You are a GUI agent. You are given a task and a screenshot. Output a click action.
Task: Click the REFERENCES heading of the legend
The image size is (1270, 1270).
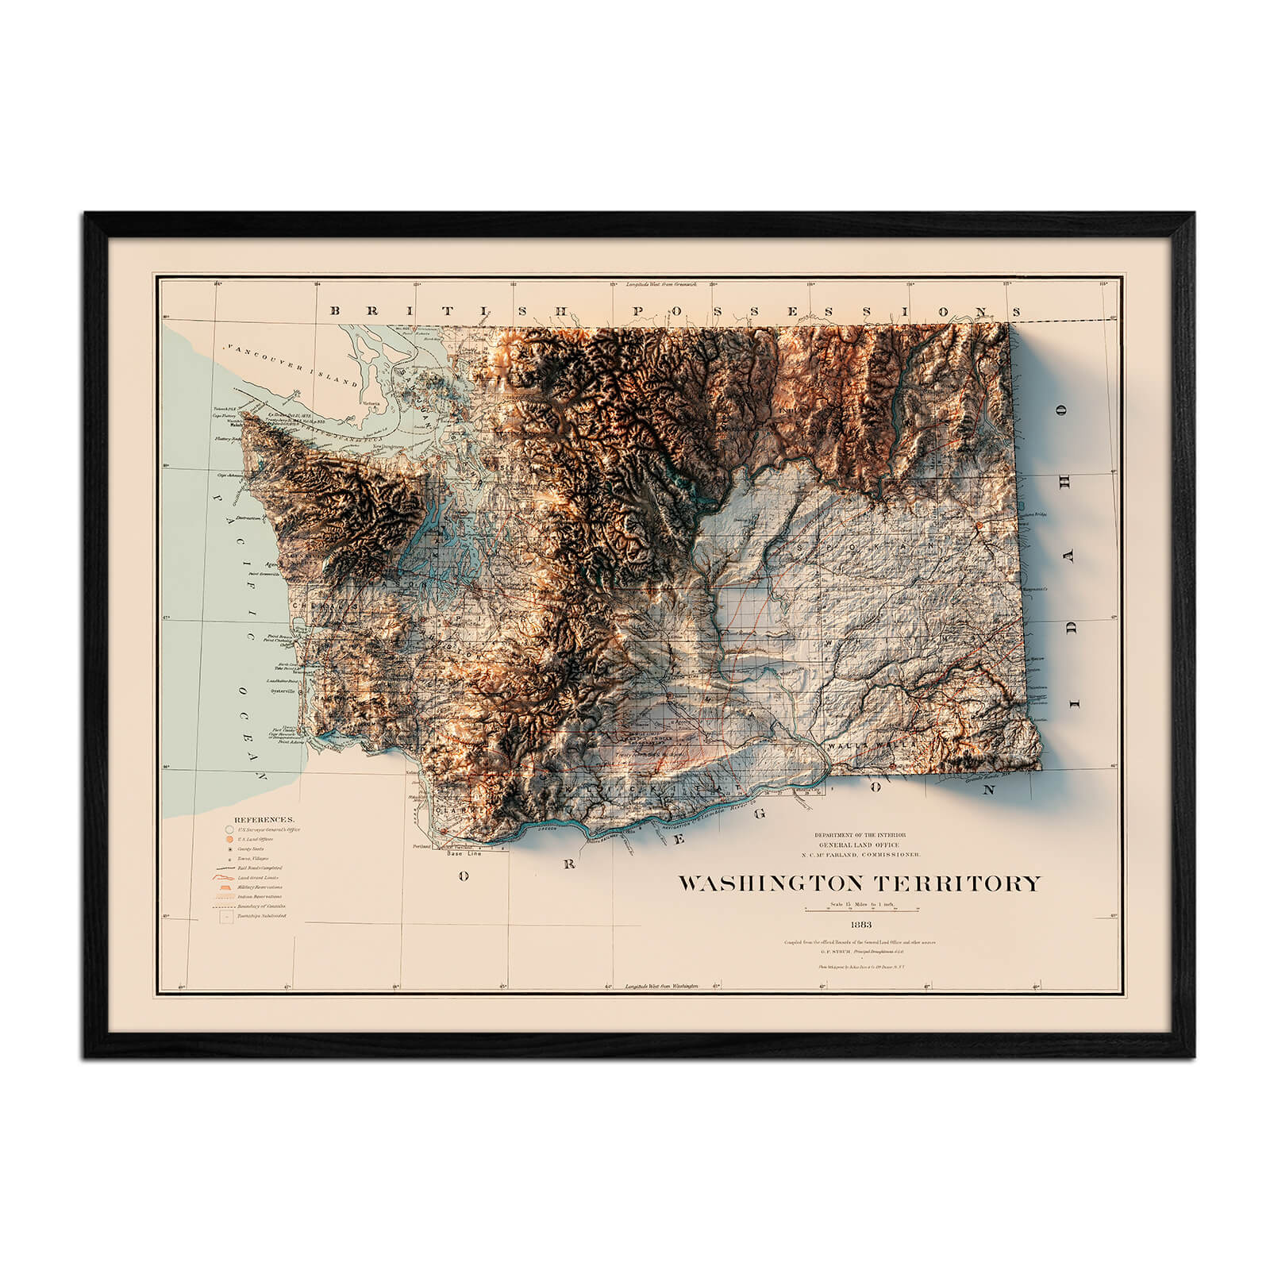point(264,819)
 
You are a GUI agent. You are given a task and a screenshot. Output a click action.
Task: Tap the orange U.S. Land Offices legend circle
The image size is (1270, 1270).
point(229,839)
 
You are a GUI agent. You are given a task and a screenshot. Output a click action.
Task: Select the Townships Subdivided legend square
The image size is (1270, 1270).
point(228,916)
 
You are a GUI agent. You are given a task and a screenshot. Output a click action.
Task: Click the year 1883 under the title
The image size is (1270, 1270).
point(860,925)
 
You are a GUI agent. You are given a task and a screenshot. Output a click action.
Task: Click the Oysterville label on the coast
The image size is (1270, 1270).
point(283,691)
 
